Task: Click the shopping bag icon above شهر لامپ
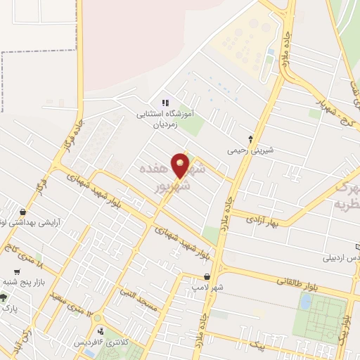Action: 187,277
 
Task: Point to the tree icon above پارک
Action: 7,296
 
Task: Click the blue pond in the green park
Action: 306,302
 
